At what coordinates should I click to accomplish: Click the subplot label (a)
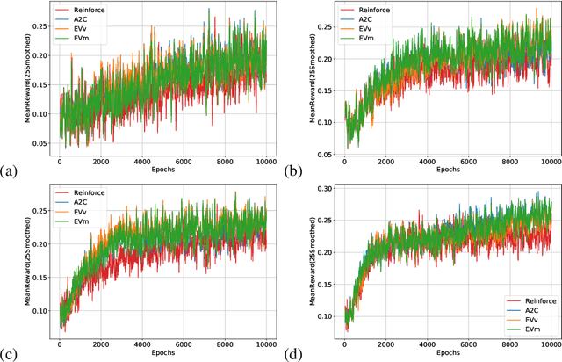(10, 167)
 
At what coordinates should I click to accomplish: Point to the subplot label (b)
(300, 167)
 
